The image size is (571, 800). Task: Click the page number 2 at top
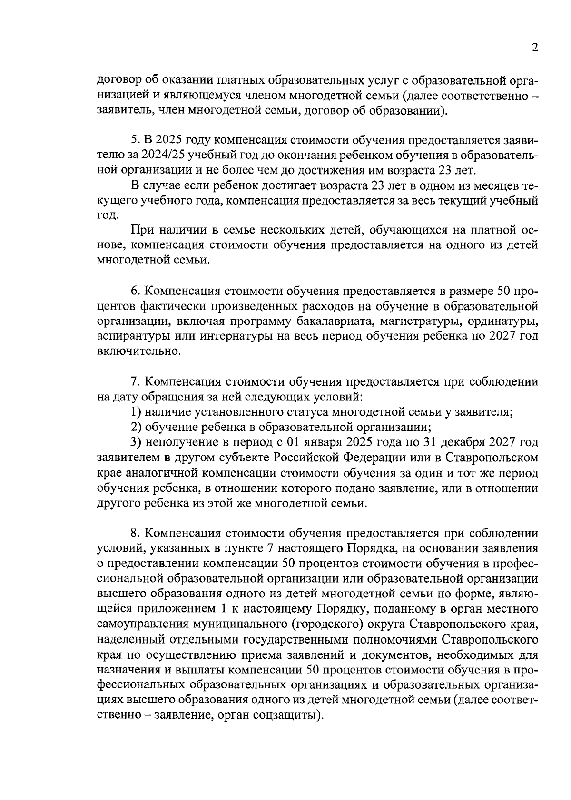tap(534, 49)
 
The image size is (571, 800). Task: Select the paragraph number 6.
tap(134, 291)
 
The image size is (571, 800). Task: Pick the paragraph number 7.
tap(134, 382)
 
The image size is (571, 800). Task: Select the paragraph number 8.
tap(134, 533)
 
